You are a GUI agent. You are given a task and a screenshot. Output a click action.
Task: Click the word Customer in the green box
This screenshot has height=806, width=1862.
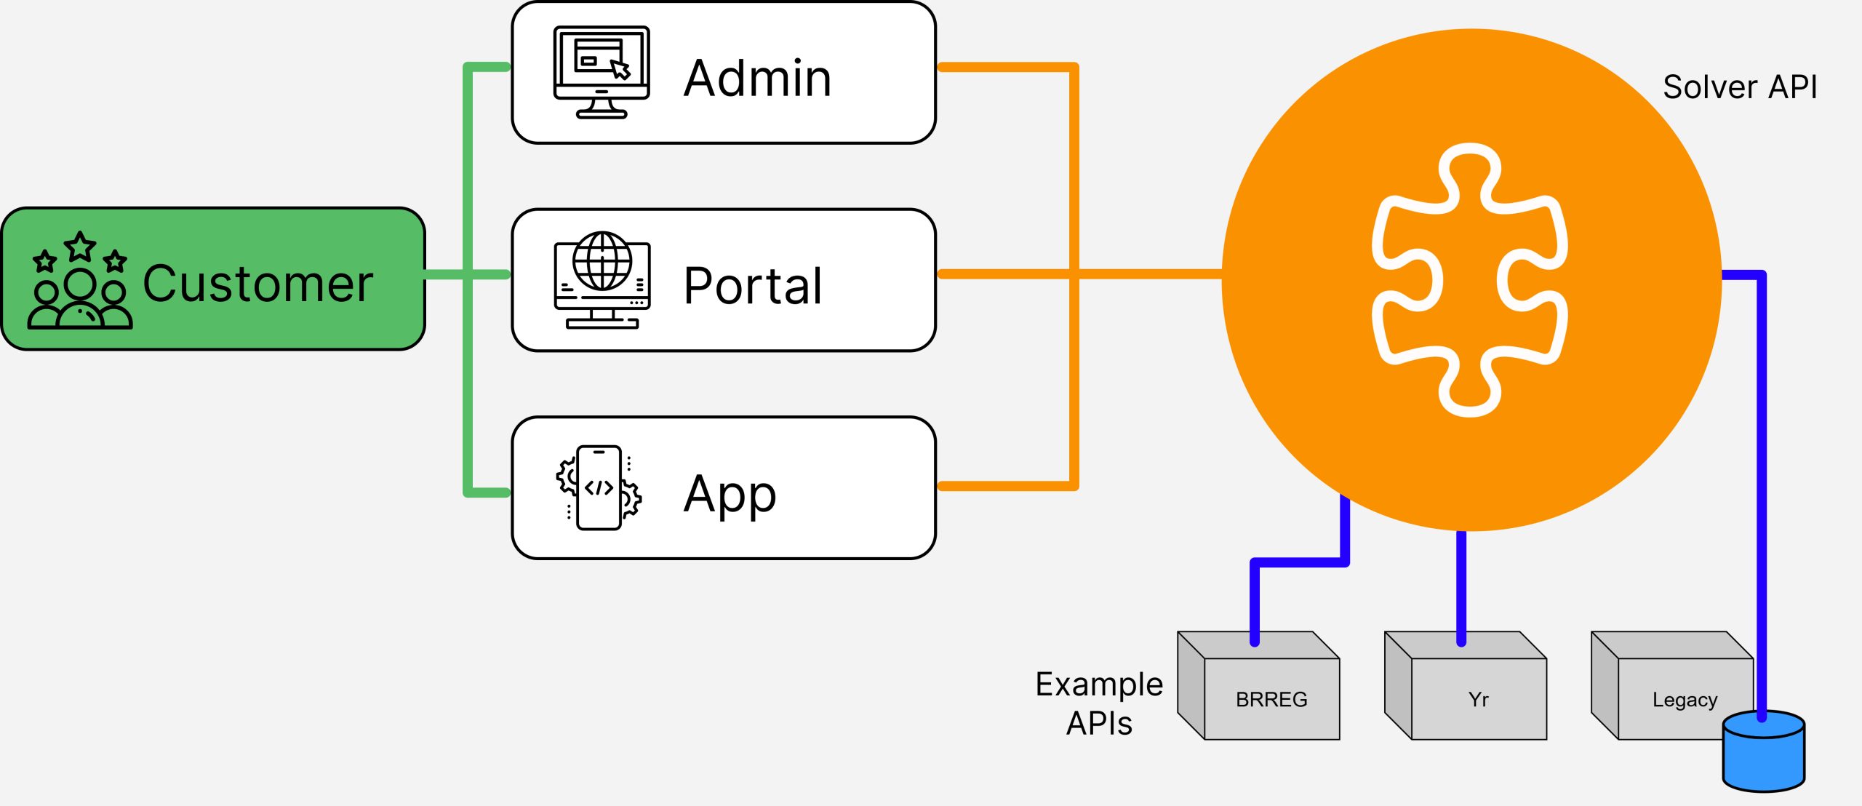coord(258,284)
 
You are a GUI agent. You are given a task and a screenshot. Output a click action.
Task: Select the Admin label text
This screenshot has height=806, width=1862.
coord(757,78)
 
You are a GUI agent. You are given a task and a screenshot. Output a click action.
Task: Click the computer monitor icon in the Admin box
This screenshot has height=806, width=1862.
coord(602,72)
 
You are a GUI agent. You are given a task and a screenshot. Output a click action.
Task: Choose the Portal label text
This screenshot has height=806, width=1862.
coord(753,285)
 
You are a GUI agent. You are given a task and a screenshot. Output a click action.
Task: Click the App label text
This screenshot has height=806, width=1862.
coord(730,494)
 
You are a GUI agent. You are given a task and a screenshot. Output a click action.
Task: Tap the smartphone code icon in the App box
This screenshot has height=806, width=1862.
coord(599,487)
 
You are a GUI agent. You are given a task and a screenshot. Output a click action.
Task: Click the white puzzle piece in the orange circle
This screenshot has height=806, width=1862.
coord(1470,280)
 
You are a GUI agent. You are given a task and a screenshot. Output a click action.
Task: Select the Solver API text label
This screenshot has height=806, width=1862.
coord(1740,87)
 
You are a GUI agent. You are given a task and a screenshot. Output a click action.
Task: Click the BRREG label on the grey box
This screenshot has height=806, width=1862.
coord(1271,699)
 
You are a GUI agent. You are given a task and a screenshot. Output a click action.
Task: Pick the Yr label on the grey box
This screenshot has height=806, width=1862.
coord(1478,699)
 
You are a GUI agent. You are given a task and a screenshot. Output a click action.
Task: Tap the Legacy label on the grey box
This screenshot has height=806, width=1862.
coord(1685,699)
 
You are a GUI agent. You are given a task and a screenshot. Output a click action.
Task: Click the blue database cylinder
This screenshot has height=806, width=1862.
coord(1764,753)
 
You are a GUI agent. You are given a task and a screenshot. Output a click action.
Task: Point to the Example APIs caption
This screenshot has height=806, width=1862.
coord(1099,703)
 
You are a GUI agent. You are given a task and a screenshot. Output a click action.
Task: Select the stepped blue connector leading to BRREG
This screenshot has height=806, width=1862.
coord(1299,562)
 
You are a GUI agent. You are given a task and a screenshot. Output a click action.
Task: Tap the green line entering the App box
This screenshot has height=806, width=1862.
coord(487,492)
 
